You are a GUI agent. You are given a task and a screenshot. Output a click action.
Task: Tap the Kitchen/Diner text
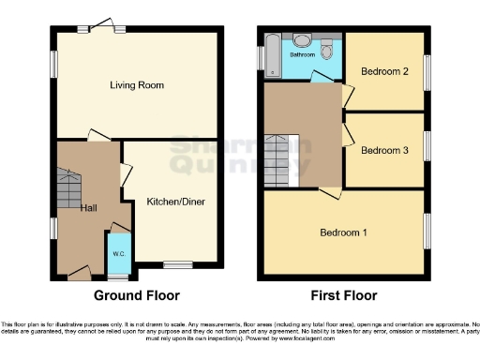(175, 202)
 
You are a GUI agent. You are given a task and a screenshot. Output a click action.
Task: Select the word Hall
(88, 208)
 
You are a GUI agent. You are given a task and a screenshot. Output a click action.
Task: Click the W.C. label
(119, 254)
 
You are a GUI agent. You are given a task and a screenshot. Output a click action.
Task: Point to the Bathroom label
(302, 55)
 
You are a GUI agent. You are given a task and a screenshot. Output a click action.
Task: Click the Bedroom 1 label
(344, 232)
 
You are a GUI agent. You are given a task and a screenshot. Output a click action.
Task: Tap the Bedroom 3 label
(384, 150)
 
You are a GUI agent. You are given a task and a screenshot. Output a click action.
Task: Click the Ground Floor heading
(137, 295)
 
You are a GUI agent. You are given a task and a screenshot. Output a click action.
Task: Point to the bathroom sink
(302, 40)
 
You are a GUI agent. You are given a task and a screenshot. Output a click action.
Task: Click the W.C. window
(118, 277)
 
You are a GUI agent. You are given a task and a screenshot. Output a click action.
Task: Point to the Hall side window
(52, 228)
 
